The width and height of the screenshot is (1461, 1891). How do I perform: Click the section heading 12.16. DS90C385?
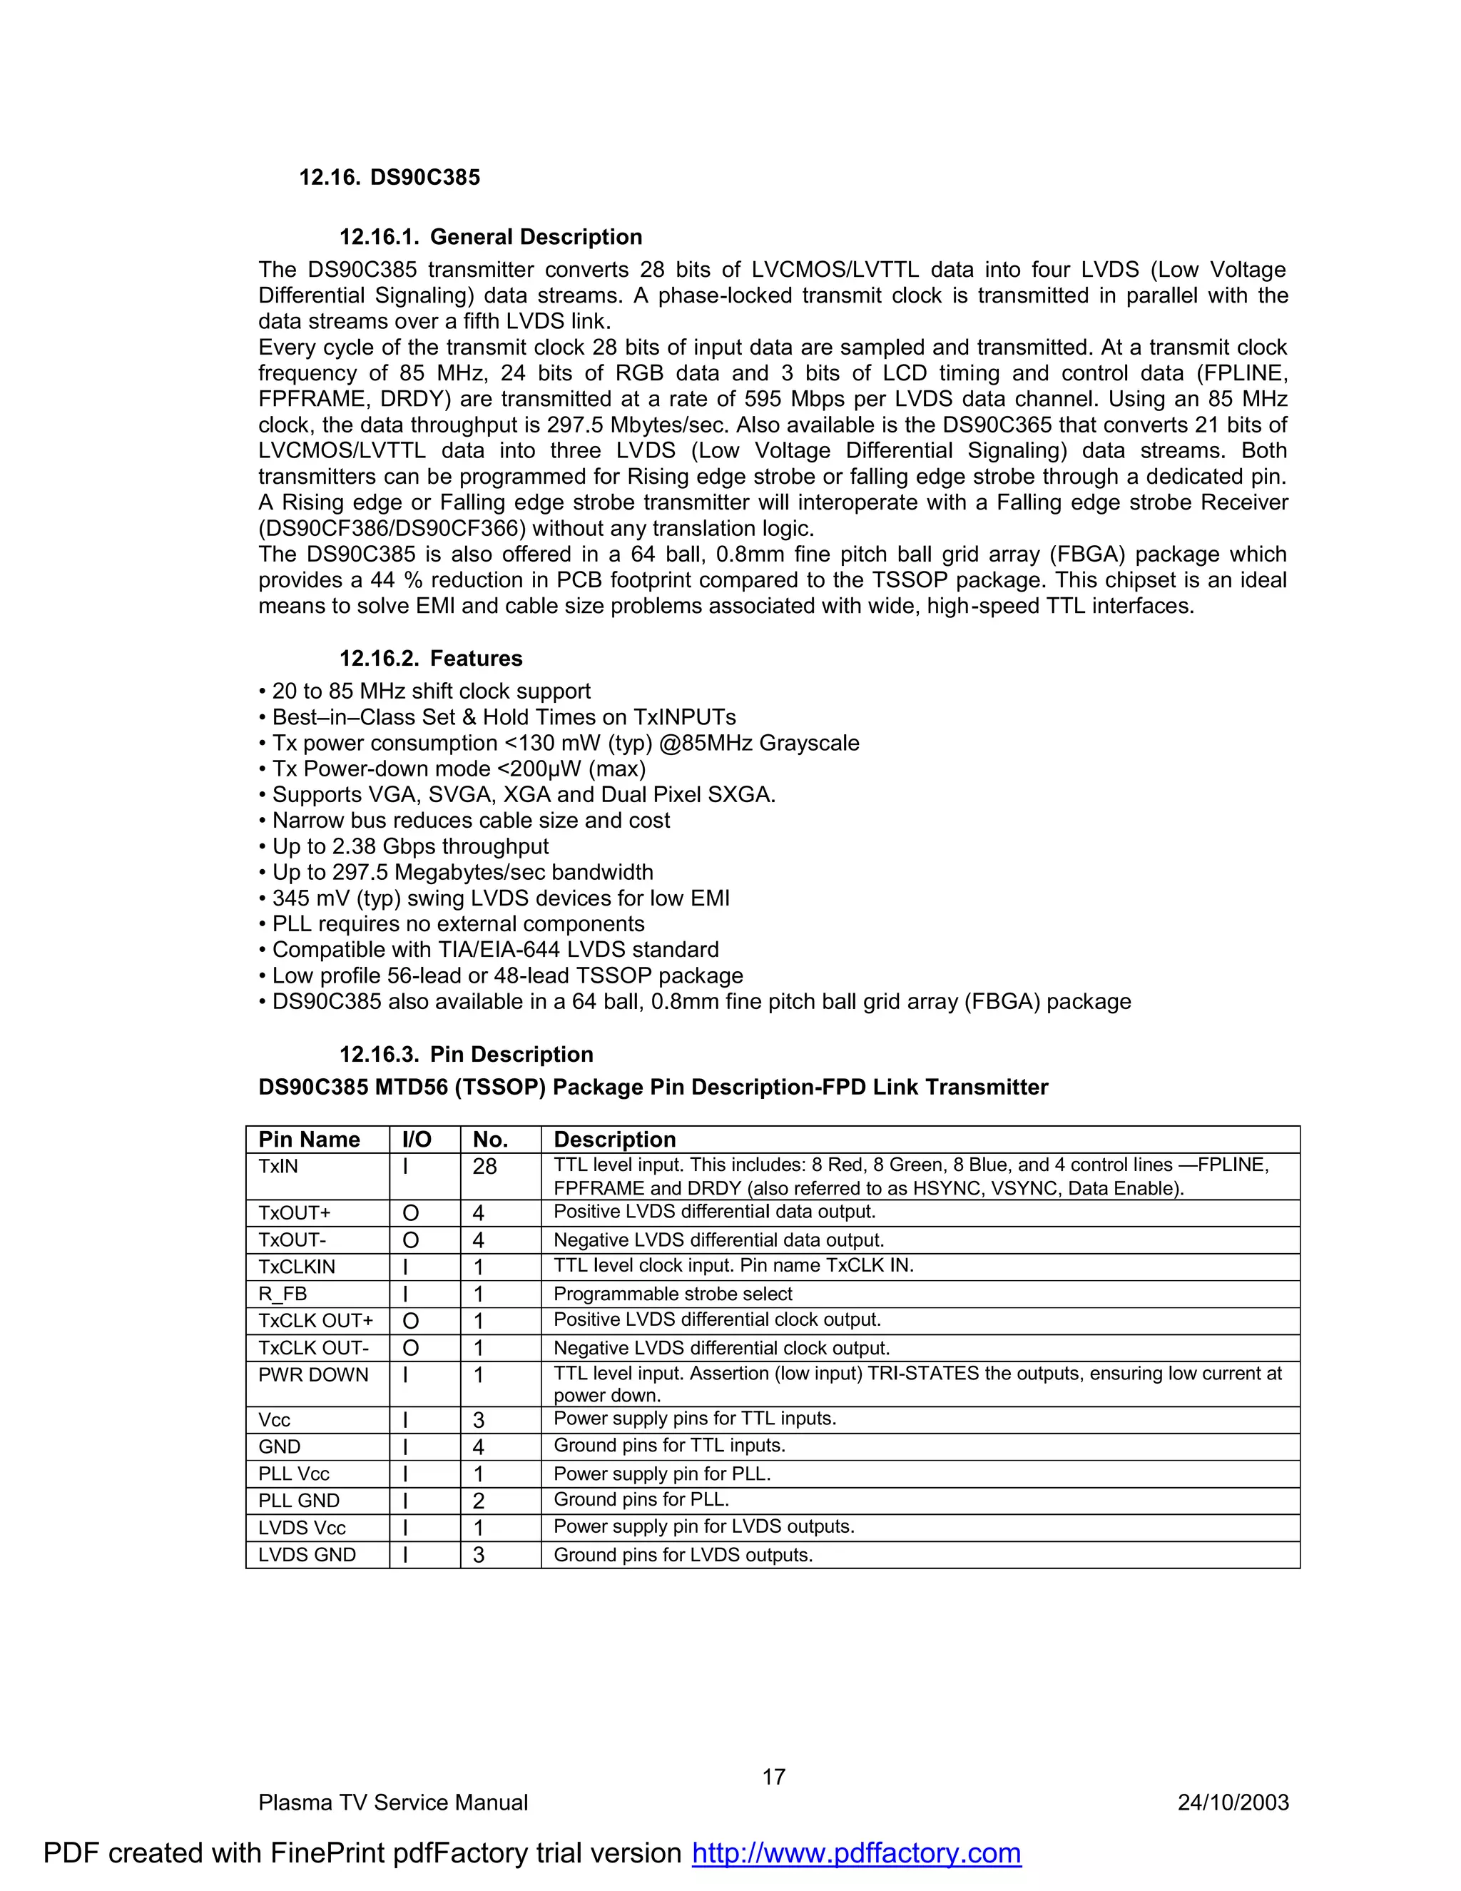[389, 178]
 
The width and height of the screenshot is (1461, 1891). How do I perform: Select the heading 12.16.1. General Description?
[490, 237]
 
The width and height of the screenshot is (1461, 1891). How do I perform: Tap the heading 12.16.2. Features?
[430, 658]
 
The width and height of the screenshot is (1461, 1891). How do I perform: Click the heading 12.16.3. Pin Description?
[466, 1054]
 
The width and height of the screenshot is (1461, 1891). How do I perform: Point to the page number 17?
[773, 1777]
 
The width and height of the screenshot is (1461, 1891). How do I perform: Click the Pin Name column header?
[309, 1140]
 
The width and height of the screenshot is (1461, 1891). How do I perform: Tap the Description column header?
[614, 1140]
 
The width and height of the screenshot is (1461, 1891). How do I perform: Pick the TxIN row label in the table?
[278, 1166]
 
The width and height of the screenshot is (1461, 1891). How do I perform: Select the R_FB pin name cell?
[282, 1294]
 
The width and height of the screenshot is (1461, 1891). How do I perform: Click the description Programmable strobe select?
[673, 1294]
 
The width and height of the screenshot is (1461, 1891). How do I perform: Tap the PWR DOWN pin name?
[313, 1375]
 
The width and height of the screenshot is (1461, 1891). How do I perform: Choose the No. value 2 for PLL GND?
[479, 1501]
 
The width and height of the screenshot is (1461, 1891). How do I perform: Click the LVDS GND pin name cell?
[307, 1554]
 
